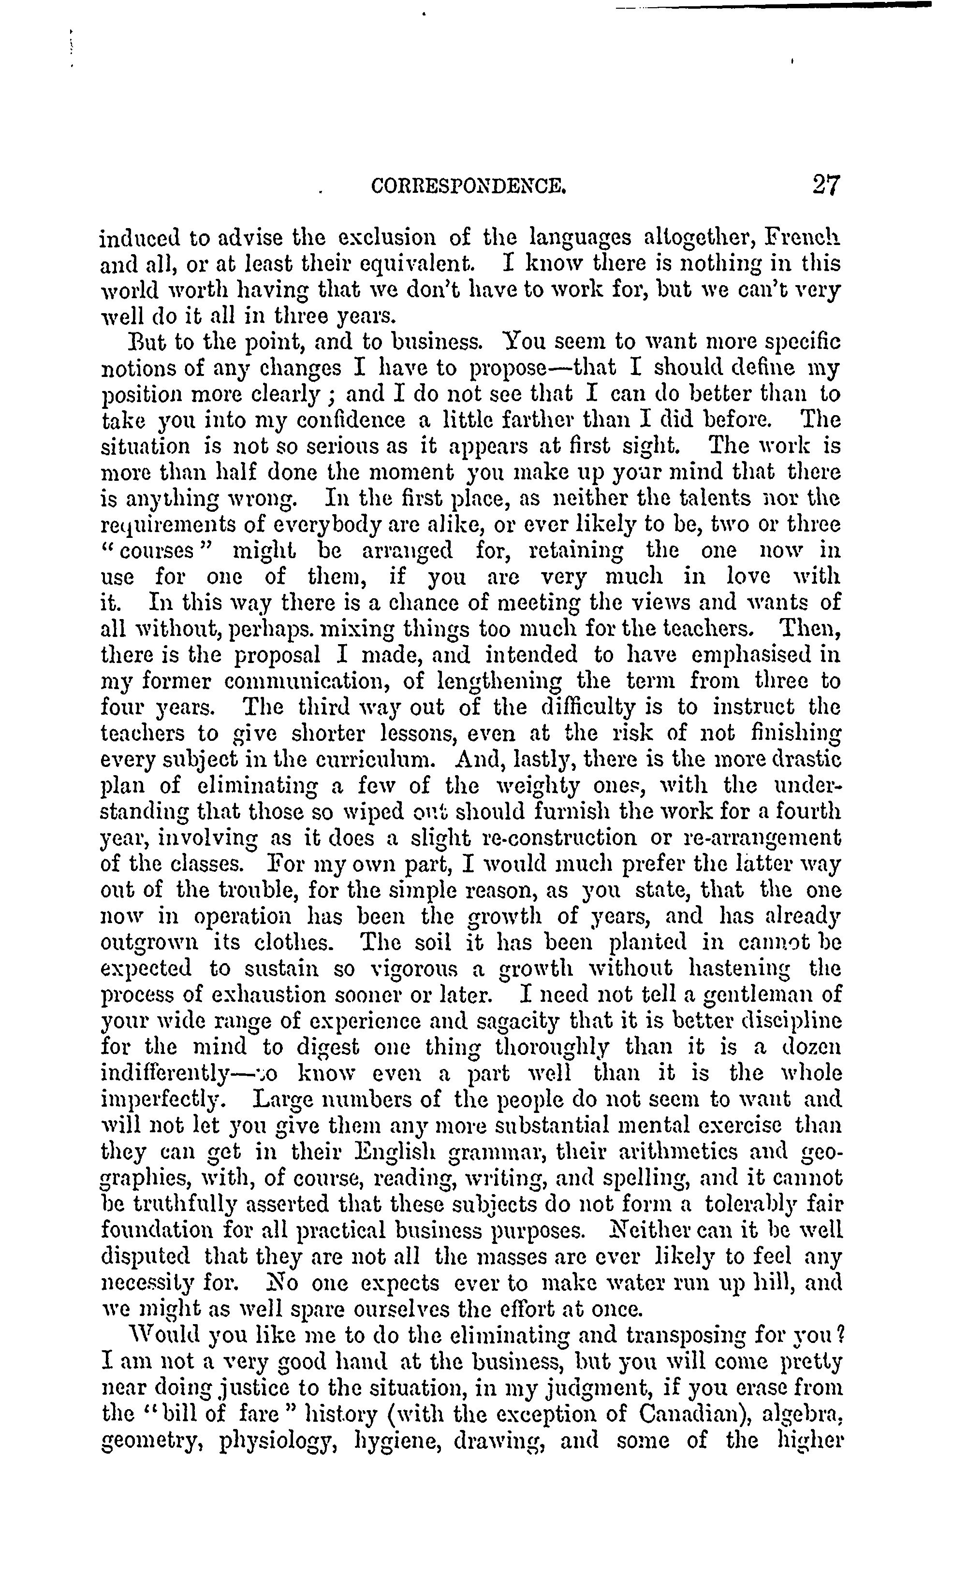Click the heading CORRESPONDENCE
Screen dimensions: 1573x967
469,186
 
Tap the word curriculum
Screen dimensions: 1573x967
379,759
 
